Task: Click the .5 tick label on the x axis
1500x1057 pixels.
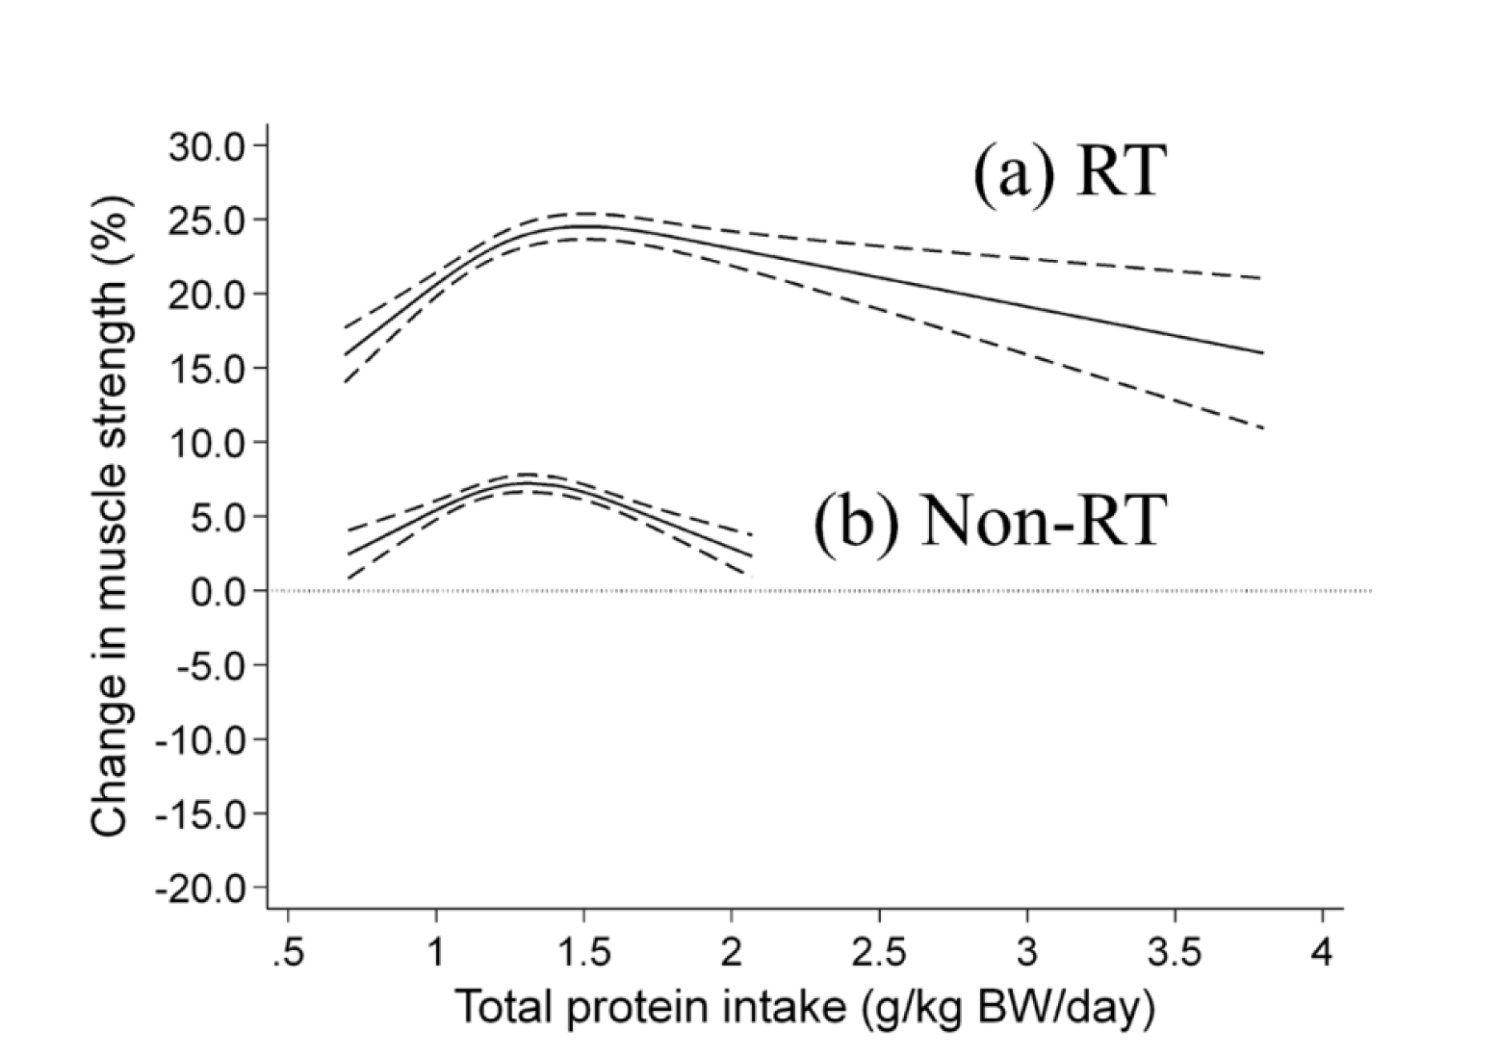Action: click(x=288, y=953)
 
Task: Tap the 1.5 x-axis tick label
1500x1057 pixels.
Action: click(x=583, y=953)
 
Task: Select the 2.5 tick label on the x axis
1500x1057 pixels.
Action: click(x=879, y=953)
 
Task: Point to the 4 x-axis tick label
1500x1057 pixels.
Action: click(x=1322, y=953)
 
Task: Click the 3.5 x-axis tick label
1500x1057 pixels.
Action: click(x=1175, y=953)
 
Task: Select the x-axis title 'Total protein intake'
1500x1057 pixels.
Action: click(x=805, y=1008)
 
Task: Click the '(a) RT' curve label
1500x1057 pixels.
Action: click(x=1070, y=172)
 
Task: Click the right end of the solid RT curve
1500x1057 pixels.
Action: click(x=1262, y=352)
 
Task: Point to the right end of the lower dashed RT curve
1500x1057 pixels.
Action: click(x=1262, y=427)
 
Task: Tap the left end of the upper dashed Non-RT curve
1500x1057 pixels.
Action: click(x=349, y=529)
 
